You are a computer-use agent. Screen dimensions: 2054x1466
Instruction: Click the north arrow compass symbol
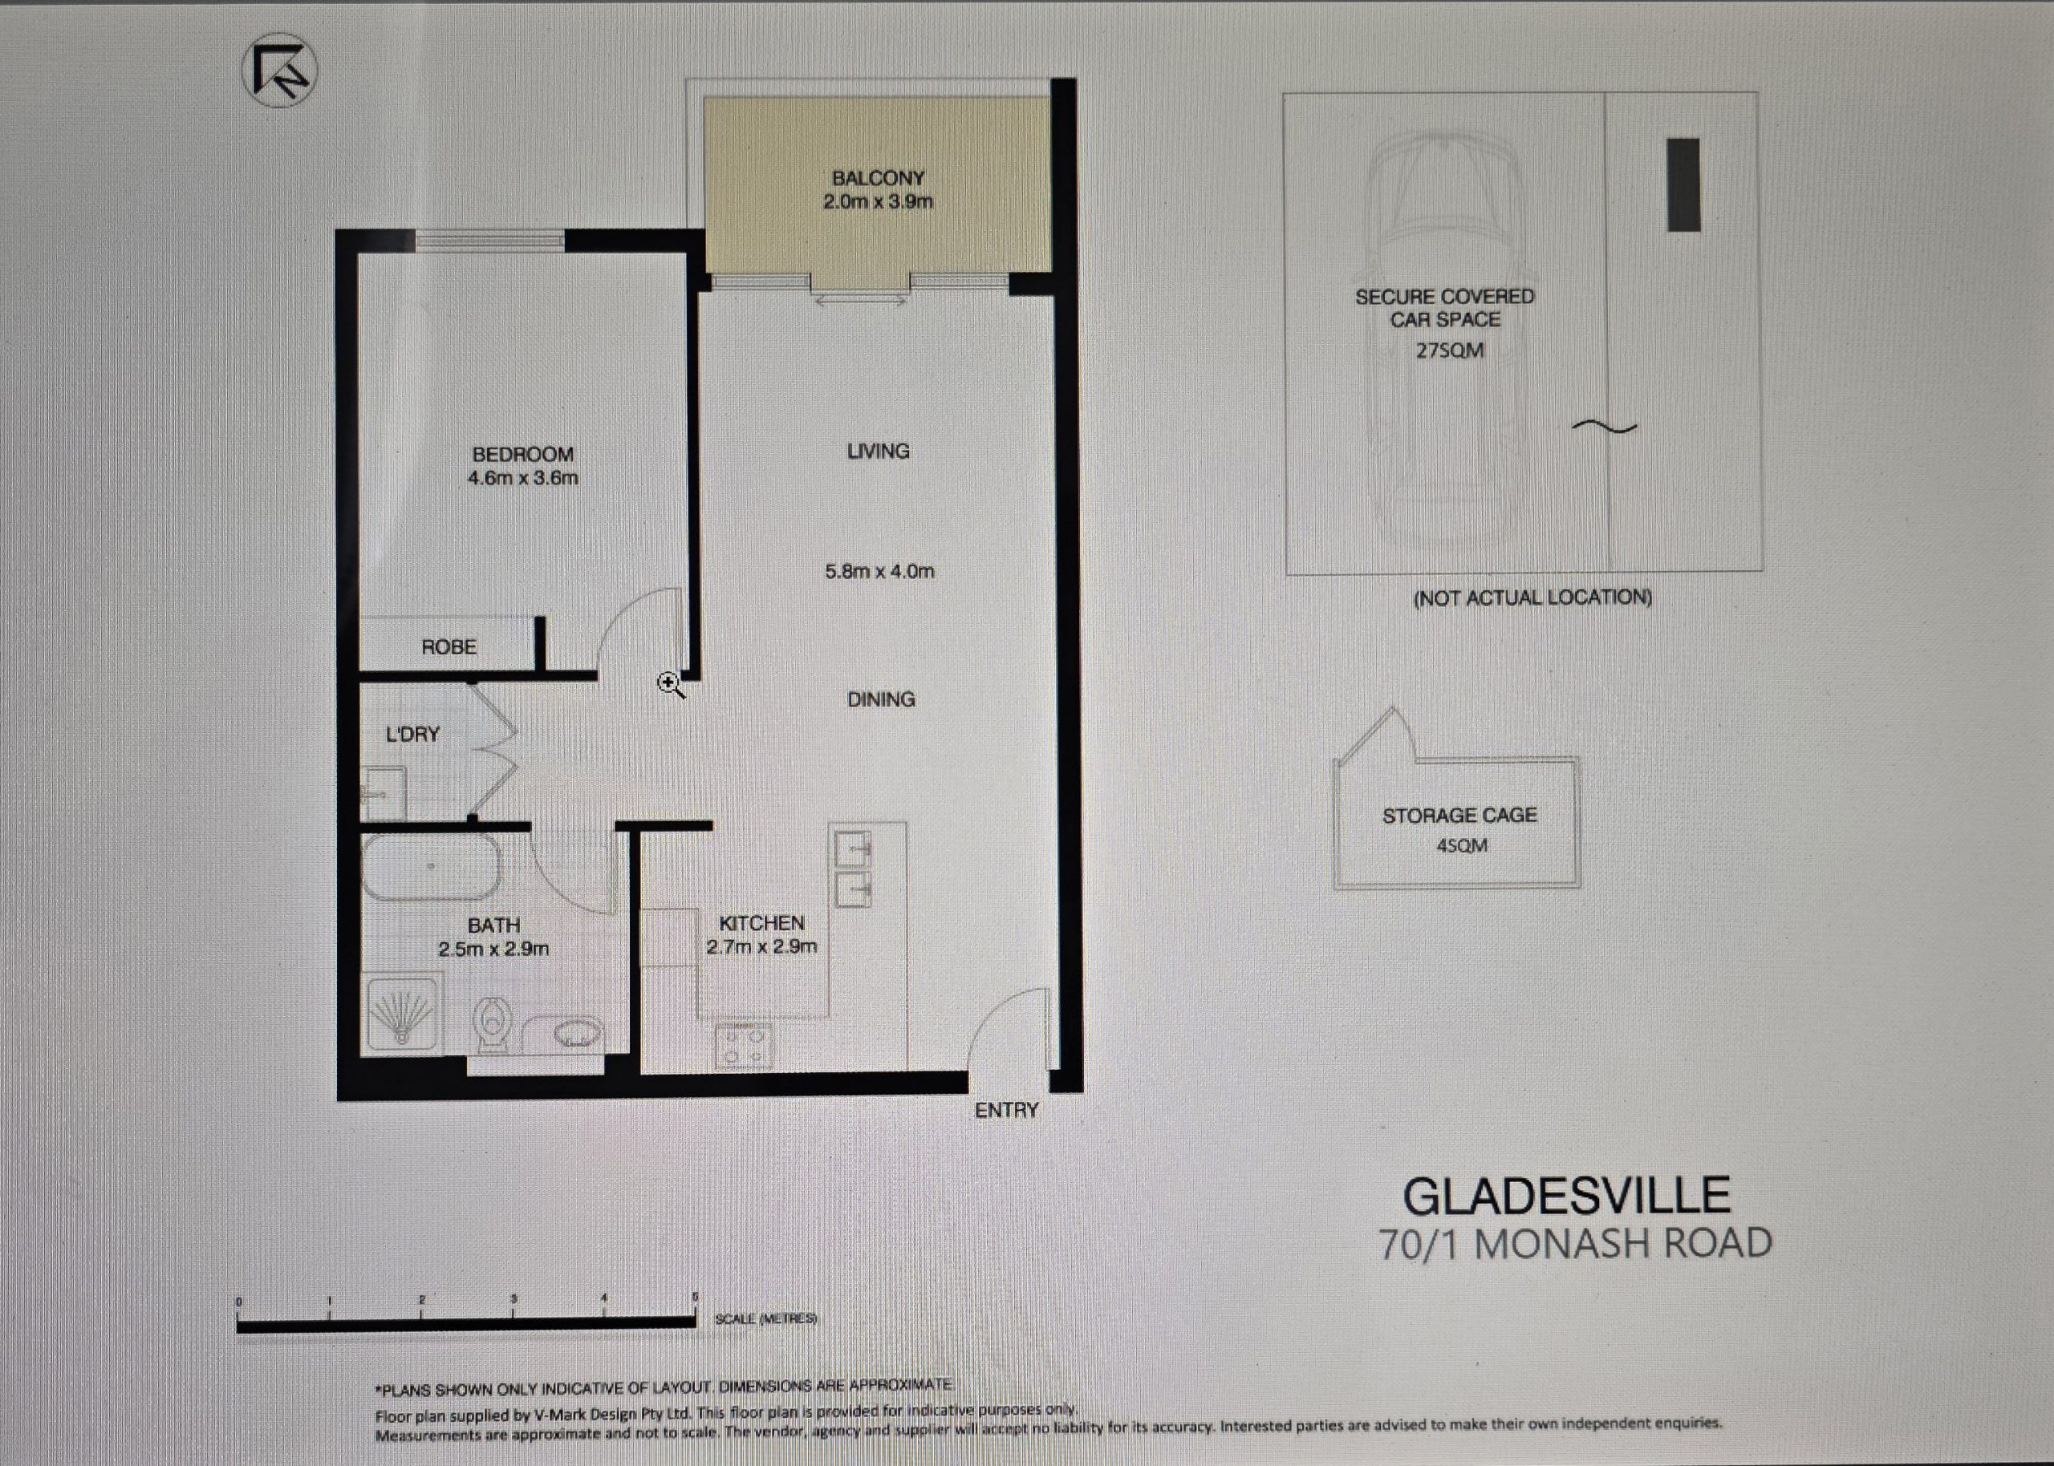(279, 71)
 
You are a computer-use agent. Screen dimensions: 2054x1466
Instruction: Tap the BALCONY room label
(879, 178)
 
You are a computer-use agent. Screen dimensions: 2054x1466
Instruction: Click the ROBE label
(449, 647)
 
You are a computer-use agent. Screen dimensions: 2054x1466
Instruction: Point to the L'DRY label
(412, 734)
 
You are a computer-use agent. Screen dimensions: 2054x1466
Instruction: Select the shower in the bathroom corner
(403, 1013)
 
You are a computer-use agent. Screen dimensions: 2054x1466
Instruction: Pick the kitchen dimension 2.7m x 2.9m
(762, 946)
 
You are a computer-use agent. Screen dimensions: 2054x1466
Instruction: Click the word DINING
(881, 699)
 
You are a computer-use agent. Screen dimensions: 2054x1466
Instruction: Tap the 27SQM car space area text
(1450, 350)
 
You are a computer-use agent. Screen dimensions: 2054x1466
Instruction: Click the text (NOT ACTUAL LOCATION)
(1532, 597)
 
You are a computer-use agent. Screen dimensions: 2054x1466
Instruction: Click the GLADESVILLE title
(1567, 1196)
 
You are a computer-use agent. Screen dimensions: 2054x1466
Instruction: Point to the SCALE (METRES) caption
(766, 1319)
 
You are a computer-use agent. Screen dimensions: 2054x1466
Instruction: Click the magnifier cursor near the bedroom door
(671, 685)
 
